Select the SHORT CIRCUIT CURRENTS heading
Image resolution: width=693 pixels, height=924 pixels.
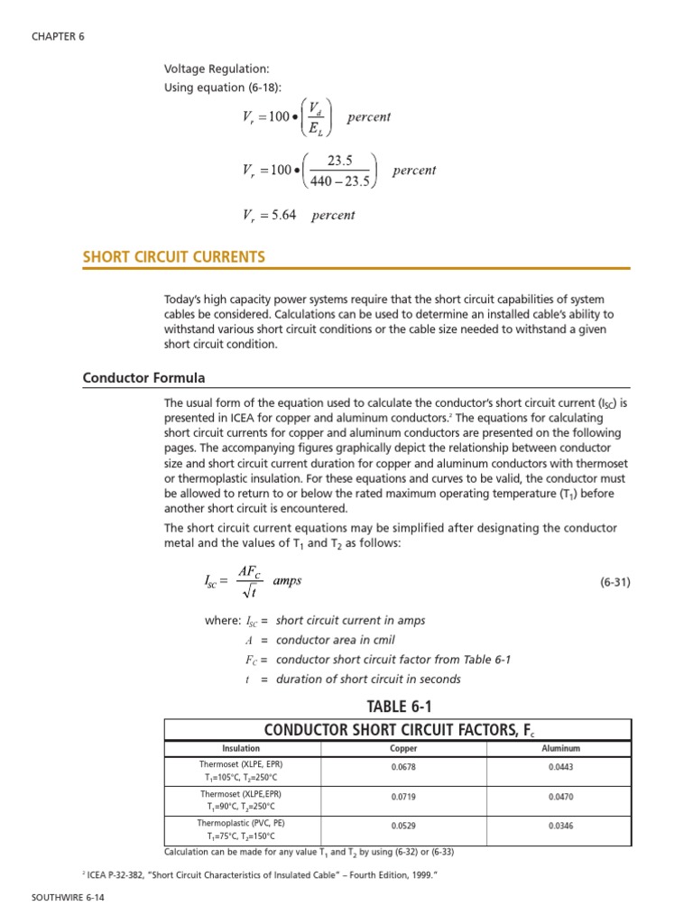pos(174,257)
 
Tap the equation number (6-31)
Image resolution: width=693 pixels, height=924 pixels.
pos(614,583)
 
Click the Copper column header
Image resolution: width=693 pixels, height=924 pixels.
pos(403,748)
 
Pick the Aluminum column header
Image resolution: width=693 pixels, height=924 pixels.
pos(560,748)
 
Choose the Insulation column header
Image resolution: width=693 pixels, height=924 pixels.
pos(241,748)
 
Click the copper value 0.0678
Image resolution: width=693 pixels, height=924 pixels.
pos(403,768)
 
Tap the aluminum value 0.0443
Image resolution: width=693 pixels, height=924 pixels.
pos(560,768)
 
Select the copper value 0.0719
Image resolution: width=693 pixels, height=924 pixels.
pos(403,798)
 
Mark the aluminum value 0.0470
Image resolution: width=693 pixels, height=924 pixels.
pos(560,798)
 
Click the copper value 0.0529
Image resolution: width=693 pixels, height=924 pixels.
pos(403,827)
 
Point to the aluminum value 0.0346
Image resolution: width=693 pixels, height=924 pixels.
pos(560,827)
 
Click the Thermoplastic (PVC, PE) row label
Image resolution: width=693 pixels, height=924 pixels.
pos(241,823)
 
